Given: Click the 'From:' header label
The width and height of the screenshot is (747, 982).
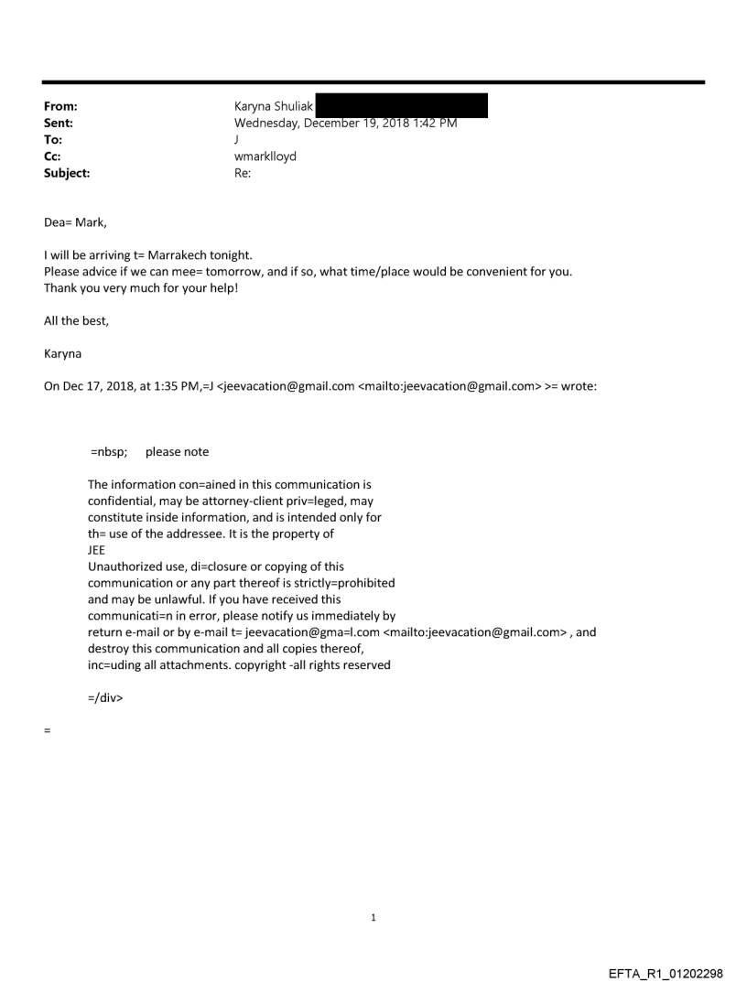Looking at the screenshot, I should [x=60, y=106].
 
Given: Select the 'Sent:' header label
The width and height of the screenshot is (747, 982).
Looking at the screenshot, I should [x=59, y=123].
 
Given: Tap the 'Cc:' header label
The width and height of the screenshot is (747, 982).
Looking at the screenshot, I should [x=53, y=156].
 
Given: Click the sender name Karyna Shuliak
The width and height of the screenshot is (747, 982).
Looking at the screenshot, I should [x=274, y=106].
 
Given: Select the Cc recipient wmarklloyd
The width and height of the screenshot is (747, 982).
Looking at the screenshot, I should [x=265, y=156].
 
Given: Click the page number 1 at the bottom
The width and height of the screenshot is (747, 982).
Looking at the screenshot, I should [x=373, y=917].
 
